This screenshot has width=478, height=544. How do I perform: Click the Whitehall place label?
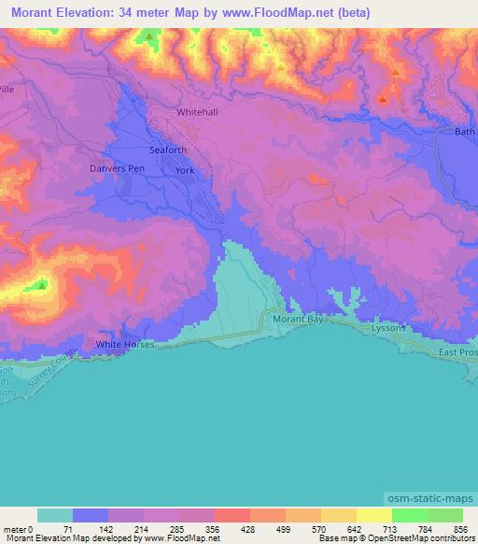[x=197, y=111]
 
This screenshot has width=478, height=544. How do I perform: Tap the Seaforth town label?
[x=168, y=150]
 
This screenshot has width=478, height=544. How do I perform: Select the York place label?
[x=185, y=170]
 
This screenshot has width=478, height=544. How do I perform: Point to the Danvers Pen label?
[x=116, y=168]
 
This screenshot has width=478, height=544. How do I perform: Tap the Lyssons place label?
[x=388, y=330]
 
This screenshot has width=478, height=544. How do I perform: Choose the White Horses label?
[x=124, y=345]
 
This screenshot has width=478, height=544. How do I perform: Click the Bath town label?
[x=464, y=132]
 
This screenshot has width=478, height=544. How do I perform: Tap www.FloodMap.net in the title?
[x=283, y=13]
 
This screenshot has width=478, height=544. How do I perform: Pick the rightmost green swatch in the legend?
[x=444, y=515]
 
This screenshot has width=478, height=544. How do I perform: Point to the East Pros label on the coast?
[x=458, y=352]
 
